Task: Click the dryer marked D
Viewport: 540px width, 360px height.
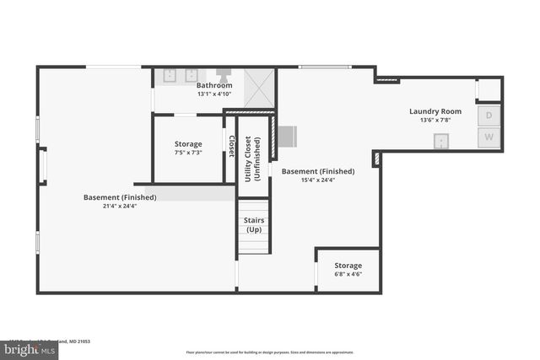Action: [489, 116]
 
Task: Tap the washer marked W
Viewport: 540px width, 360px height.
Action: [489, 137]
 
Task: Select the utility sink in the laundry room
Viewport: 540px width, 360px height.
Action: [440, 142]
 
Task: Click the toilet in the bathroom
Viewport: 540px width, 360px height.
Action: [225, 75]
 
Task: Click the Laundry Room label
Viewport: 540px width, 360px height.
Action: [435, 111]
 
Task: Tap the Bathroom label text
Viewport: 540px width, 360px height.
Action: [214, 85]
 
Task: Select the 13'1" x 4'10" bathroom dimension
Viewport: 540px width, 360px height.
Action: [214, 94]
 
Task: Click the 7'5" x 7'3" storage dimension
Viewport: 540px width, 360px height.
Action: [187, 153]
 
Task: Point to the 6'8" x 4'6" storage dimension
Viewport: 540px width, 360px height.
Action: [348, 274]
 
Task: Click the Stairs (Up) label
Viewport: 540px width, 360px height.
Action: [253, 223]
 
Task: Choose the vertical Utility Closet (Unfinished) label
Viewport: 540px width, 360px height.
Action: [253, 148]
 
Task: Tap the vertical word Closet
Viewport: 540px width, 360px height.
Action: [230, 145]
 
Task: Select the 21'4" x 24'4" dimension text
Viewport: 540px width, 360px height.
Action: [119, 206]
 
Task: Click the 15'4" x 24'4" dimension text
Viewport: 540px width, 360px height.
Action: [317, 179]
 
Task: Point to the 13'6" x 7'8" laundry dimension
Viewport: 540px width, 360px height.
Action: [435, 120]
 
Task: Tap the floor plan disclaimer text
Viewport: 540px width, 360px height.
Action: [270, 352]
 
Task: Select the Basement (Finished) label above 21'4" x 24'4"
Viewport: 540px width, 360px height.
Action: [120, 197]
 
